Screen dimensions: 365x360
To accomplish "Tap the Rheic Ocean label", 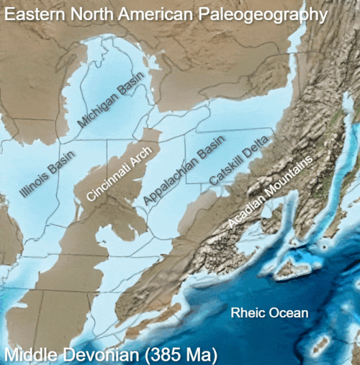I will coord(269,313).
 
